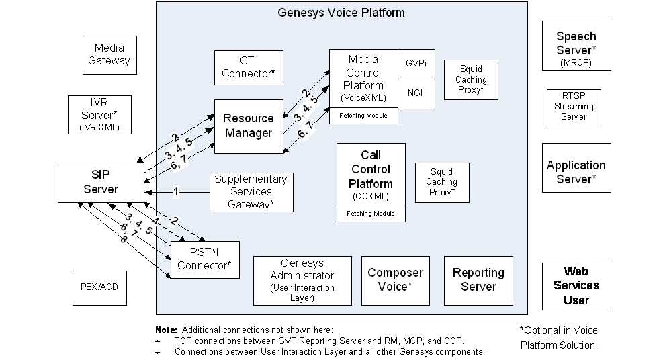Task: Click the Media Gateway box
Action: pos(109,55)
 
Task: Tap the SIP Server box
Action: pos(100,182)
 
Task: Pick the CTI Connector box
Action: pos(248,67)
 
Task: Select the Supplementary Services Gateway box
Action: pos(251,191)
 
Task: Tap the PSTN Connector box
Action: pos(204,259)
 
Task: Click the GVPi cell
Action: pos(416,63)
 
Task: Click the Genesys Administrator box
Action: pos(302,279)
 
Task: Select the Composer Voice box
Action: pos(395,279)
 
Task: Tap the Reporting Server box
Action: pos(478,279)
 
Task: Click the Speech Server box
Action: pos(576,45)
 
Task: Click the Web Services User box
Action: pos(576,285)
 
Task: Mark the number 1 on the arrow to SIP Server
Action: pos(176,192)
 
